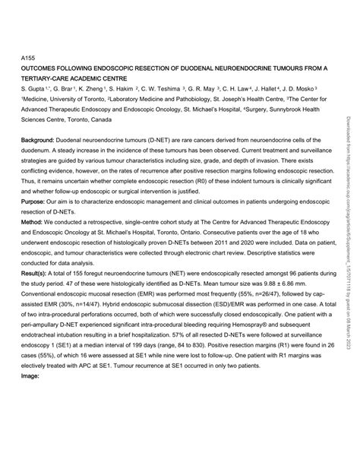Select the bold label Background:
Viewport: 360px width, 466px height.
pos(36,141)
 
